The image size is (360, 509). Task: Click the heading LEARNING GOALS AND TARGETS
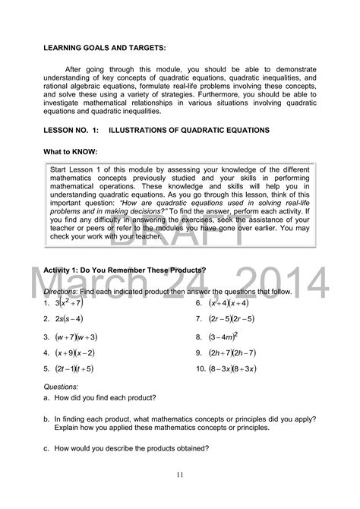pos(104,47)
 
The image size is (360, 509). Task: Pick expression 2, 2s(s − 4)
pos(69,319)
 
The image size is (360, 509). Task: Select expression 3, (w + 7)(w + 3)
pos(76,336)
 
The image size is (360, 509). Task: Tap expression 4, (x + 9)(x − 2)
pos(74,353)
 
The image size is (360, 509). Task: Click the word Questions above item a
pos(62,386)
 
